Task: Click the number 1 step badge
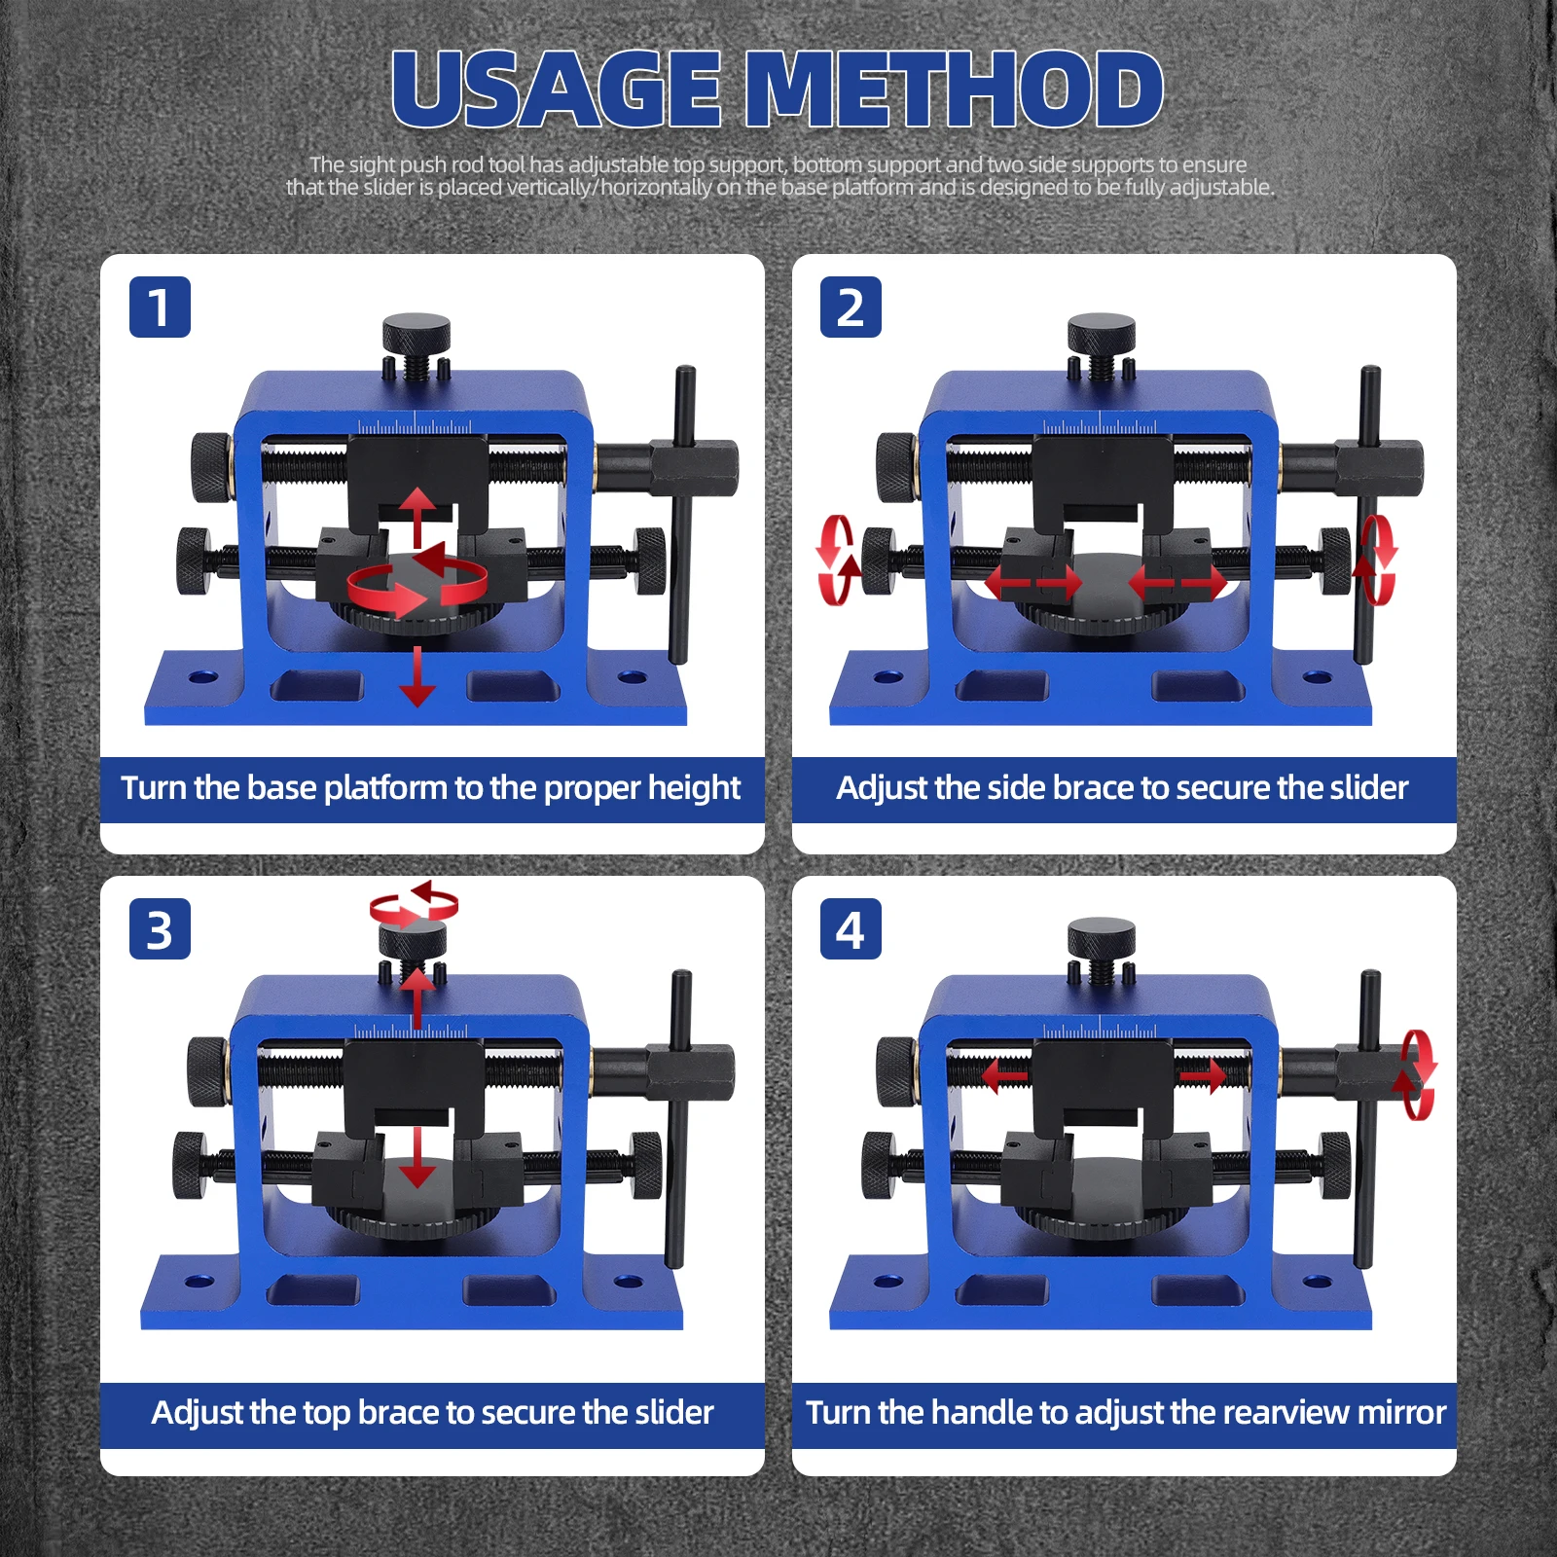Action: click(x=160, y=308)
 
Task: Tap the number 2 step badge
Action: click(x=851, y=308)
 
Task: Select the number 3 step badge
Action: click(x=160, y=929)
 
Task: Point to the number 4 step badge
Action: click(x=851, y=929)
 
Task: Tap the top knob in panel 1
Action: click(x=416, y=333)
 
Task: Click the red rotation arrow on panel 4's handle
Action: click(x=1416, y=1074)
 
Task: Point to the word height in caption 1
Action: click(x=693, y=787)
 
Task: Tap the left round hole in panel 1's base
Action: click(x=203, y=676)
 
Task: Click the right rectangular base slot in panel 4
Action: click(x=1198, y=1291)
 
